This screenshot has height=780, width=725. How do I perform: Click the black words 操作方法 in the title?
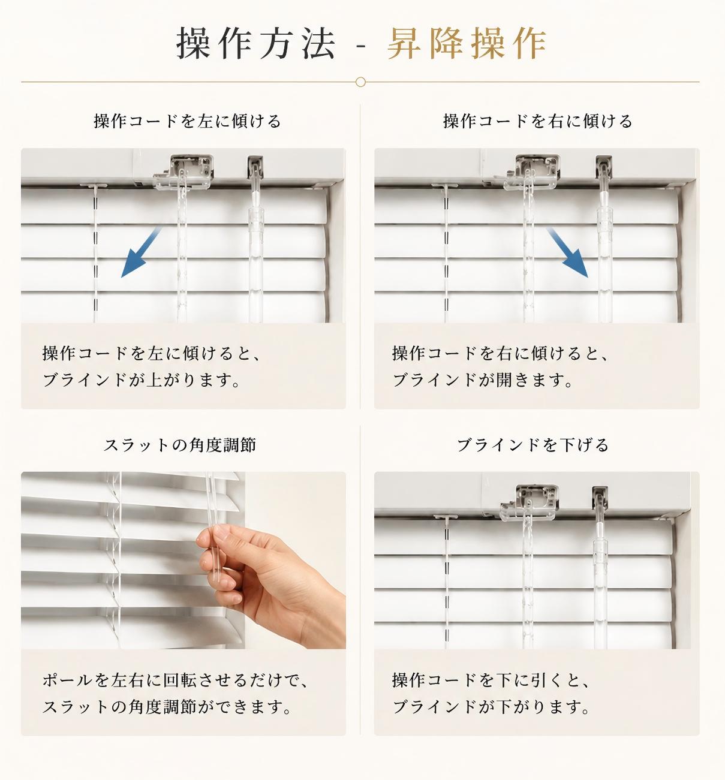[x=256, y=43]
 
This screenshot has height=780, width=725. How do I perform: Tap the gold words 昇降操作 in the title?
[x=467, y=43]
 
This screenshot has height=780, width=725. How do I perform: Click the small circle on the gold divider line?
[x=360, y=82]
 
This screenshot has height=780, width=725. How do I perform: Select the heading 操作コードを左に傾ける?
[x=188, y=121]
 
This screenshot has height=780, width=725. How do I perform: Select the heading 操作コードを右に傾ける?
[x=538, y=121]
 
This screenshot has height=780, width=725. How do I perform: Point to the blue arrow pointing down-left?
[x=141, y=252]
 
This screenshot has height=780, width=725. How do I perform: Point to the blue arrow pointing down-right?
[x=567, y=252]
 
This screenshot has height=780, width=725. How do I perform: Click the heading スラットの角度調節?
[x=179, y=445]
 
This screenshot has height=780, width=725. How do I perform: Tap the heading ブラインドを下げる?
[x=533, y=445]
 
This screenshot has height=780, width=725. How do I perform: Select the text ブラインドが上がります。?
[x=142, y=380]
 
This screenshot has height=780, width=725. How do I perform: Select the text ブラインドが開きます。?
[x=483, y=380]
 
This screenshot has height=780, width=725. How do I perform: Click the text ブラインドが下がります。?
[x=491, y=707]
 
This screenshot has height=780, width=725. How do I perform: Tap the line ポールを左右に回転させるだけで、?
[x=175, y=680]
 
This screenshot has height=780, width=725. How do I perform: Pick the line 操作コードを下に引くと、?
[x=491, y=680]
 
